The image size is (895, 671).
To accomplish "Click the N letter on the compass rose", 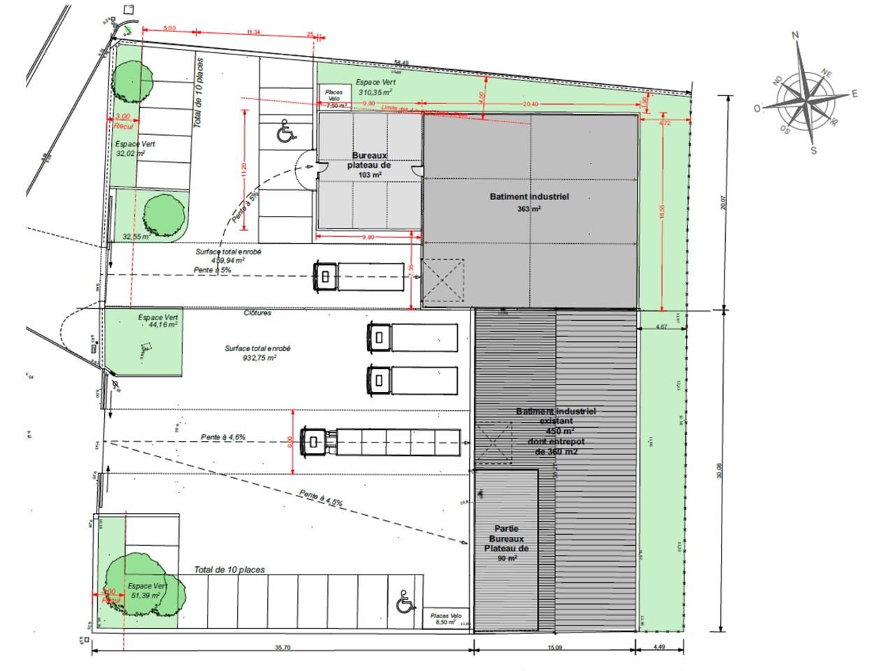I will point(795,35).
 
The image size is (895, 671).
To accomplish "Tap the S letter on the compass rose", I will point(813,150).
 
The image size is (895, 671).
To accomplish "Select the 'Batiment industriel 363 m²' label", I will point(529,202).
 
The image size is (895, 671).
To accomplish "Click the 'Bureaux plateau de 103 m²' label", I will point(370,165).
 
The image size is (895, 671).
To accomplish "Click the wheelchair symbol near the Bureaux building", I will point(285,131).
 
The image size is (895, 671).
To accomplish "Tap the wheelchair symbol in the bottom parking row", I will point(403,602).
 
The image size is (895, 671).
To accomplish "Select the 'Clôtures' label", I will point(257,313).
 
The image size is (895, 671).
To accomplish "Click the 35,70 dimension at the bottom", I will point(282,648).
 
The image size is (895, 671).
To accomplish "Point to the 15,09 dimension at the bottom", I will point(554,648).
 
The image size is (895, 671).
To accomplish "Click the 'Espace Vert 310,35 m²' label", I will point(375,87).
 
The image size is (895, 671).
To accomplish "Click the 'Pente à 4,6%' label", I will point(223,437).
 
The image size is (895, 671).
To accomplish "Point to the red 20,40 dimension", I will point(530,104).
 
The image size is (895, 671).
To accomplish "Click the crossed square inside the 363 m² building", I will point(443,280).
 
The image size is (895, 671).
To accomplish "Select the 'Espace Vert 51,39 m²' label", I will point(147,591).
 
